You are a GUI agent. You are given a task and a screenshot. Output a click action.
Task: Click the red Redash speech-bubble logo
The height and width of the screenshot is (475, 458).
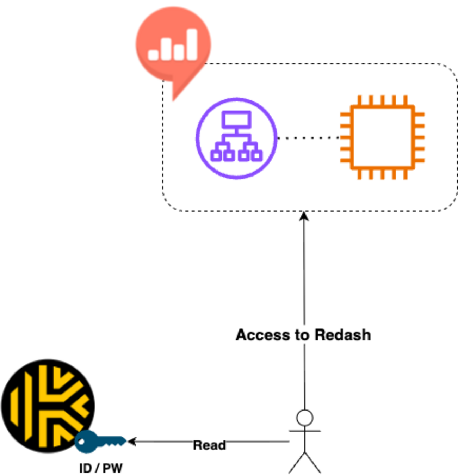[x=173, y=44]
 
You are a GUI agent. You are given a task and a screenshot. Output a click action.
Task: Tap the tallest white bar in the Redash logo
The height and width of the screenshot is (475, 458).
[x=192, y=44]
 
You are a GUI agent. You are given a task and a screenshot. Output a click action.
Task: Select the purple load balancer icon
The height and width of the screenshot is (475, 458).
[x=236, y=138]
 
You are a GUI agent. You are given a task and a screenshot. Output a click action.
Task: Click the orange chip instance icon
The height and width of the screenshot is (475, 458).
[x=382, y=137]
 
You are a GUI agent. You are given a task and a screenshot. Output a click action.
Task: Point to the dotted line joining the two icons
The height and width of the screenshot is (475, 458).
[x=308, y=138]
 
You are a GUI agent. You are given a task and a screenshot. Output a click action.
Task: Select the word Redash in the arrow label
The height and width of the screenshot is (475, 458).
[x=342, y=335]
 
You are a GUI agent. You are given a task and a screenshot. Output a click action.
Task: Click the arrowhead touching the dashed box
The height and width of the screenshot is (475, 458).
[x=304, y=216]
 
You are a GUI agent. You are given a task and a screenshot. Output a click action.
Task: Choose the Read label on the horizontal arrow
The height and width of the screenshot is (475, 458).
[x=209, y=445]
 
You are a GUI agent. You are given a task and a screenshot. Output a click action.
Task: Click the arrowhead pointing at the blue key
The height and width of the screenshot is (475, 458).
[x=132, y=441]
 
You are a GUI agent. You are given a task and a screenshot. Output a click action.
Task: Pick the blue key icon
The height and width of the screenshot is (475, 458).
[x=100, y=441]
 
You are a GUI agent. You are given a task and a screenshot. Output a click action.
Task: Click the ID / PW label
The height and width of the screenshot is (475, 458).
[x=101, y=468]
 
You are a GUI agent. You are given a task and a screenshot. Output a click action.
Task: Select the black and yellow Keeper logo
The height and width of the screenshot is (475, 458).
[x=48, y=405]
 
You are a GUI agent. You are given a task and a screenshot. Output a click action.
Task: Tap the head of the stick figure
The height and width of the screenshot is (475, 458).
[x=305, y=418]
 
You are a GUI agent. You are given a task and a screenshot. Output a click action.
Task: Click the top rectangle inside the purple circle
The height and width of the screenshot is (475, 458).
[x=236, y=119]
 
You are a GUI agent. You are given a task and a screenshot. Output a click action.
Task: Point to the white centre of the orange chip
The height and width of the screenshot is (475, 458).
[x=382, y=137]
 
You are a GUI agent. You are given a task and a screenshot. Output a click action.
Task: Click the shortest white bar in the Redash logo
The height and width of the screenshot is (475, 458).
[x=154, y=55]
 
